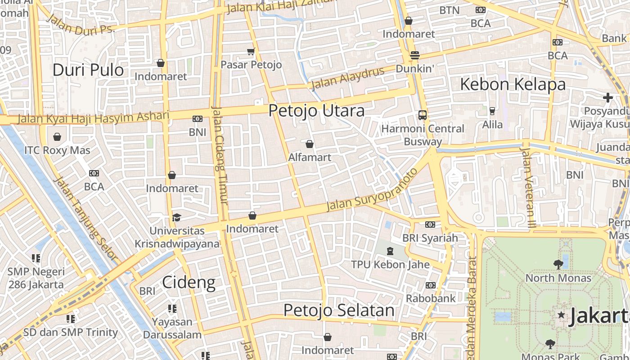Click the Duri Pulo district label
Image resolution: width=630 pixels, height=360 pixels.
point(88,70)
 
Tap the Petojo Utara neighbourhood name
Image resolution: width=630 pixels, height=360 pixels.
point(316,111)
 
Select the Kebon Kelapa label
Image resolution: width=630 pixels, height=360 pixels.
point(513,85)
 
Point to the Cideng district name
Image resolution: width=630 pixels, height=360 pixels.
point(189,283)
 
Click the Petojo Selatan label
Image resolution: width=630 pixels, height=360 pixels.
point(339,310)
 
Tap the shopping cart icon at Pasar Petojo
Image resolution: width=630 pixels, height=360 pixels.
point(251,52)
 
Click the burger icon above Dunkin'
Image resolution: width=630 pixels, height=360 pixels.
point(414,55)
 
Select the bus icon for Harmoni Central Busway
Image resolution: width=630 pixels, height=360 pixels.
point(422,115)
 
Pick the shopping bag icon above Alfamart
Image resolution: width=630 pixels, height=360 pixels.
point(310,144)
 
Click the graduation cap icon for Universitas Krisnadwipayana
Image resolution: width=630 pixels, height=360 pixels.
point(176,218)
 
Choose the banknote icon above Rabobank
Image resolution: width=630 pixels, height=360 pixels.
point(431,285)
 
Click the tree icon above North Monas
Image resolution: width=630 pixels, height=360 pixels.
point(558,265)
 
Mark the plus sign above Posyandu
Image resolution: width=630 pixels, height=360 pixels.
point(608,97)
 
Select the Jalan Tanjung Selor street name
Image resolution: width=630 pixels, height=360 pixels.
point(85,219)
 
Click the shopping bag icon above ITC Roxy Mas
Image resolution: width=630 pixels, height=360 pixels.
point(57,137)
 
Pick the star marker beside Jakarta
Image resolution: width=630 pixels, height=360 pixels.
point(561,315)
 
